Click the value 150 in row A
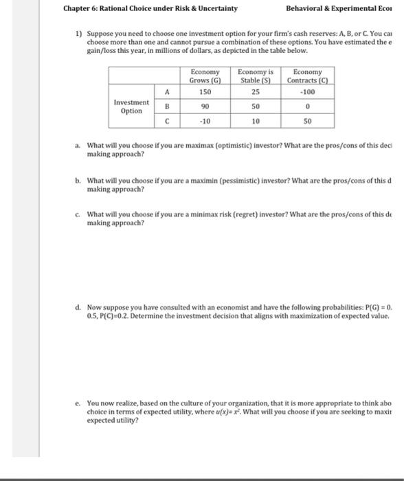tap(205, 91)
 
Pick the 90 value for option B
tap(205, 107)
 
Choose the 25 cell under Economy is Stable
tap(256, 91)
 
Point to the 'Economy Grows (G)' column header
tap(205, 76)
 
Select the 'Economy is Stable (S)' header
tap(256, 76)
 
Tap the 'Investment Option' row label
tap(131, 107)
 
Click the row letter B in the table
tap(167, 107)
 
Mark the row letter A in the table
tap(167, 91)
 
